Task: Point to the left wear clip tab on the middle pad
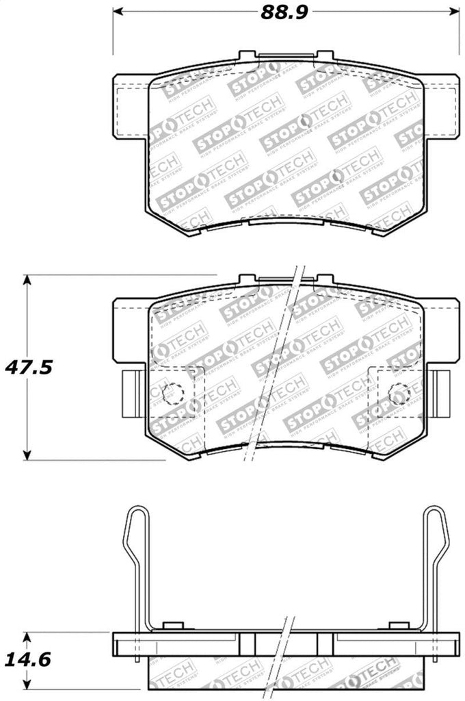coord(129,393)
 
